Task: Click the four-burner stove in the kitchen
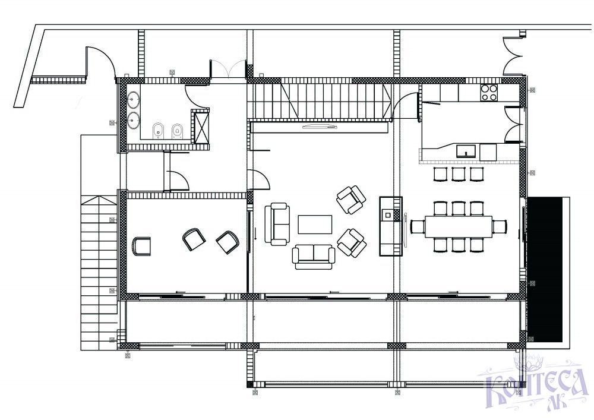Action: tap(489, 93)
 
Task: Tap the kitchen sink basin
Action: tap(466, 151)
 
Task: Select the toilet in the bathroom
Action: tap(177, 131)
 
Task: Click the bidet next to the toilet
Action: tap(157, 131)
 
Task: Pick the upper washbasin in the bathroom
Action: tap(134, 101)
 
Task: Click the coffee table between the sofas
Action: tap(315, 225)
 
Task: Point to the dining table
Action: tap(459, 227)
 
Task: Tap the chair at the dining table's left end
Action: tap(418, 227)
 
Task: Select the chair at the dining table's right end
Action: tap(500, 227)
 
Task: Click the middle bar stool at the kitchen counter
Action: tap(459, 174)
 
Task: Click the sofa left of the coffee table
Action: tap(277, 223)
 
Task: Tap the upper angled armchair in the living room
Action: tap(351, 199)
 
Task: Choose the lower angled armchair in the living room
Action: tap(352, 243)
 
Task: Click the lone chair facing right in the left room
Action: tap(141, 246)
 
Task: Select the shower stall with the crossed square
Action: tap(201, 127)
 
